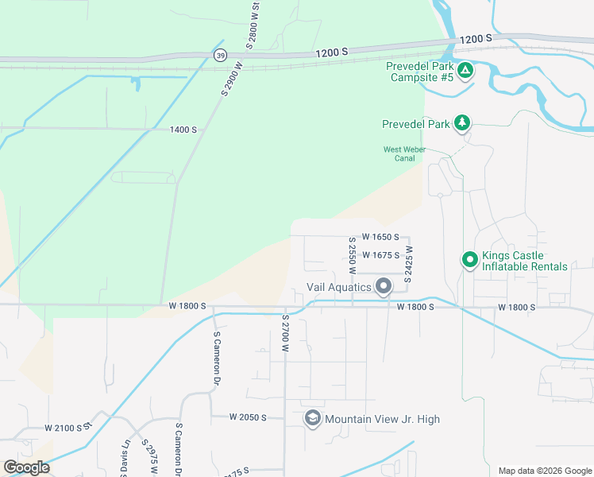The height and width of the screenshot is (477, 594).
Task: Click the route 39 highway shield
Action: (x=219, y=54)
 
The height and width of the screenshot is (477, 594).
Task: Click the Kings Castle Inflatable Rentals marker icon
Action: (x=469, y=259)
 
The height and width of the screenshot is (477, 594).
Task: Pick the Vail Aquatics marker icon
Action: (x=384, y=286)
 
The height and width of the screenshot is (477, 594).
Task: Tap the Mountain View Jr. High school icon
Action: (x=312, y=418)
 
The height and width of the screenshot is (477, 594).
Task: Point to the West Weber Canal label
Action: (x=405, y=153)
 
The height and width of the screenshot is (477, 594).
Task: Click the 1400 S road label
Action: (x=182, y=130)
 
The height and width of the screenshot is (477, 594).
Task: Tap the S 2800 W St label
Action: (x=253, y=26)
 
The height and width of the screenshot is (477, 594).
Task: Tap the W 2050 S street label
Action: (x=246, y=417)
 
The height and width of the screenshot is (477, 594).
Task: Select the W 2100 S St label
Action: (x=69, y=428)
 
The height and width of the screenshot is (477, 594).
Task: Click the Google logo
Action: (x=27, y=467)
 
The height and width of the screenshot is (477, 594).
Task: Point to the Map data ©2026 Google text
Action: (x=544, y=471)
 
